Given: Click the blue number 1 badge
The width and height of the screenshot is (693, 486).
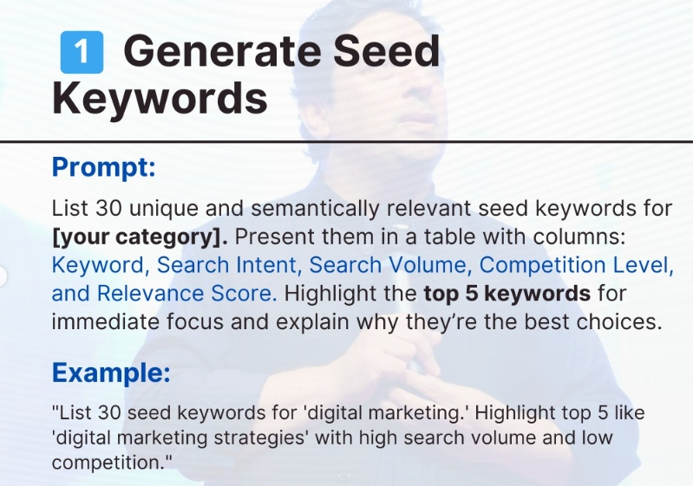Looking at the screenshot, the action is (x=82, y=52).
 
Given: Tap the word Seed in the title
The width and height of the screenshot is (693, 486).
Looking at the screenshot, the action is (x=387, y=51).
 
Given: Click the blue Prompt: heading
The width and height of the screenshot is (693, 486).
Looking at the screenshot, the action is (x=104, y=167).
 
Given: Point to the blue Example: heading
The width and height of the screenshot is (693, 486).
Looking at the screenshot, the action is (x=111, y=373).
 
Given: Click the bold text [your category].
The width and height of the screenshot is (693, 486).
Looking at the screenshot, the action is (x=141, y=237).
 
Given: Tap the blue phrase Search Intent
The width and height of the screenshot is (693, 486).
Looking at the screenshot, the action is (x=226, y=265).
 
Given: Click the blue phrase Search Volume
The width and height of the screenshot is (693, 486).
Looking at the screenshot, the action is (x=387, y=265).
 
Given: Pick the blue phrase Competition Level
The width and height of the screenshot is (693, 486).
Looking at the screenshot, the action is (x=576, y=265).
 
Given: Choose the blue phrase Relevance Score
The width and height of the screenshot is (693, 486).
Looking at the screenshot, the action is (x=186, y=293).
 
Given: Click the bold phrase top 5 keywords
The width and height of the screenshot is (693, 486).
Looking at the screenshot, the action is (x=507, y=294).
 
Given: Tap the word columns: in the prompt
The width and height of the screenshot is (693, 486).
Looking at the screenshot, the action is (x=579, y=237).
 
